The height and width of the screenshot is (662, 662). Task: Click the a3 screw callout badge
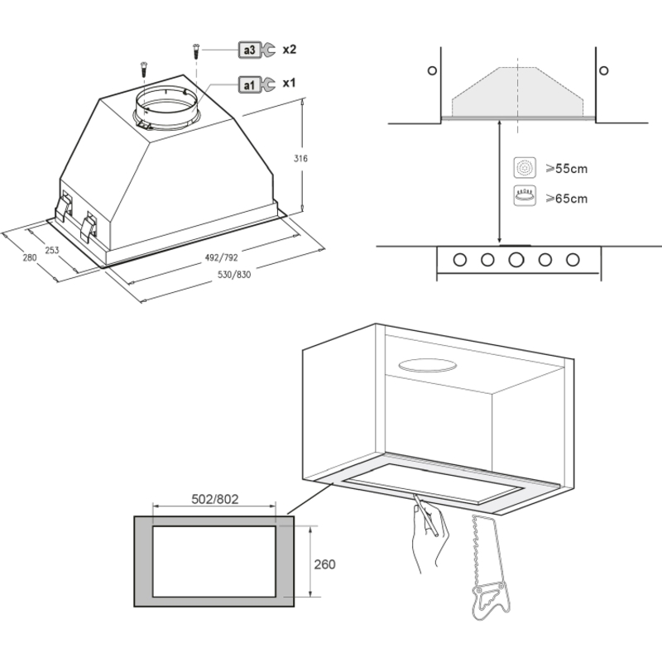[250, 50]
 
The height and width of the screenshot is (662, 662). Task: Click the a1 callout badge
[250, 85]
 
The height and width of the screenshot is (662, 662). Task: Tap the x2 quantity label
[289, 50]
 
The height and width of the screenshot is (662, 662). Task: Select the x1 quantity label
[289, 83]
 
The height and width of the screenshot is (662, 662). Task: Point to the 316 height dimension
[300, 158]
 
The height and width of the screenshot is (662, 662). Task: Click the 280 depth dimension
[30, 257]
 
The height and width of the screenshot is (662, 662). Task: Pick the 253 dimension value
[52, 251]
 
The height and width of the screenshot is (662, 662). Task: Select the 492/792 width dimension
[222, 257]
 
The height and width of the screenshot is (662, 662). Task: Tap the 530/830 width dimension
[234, 275]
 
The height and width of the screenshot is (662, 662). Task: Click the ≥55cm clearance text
[567, 169]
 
